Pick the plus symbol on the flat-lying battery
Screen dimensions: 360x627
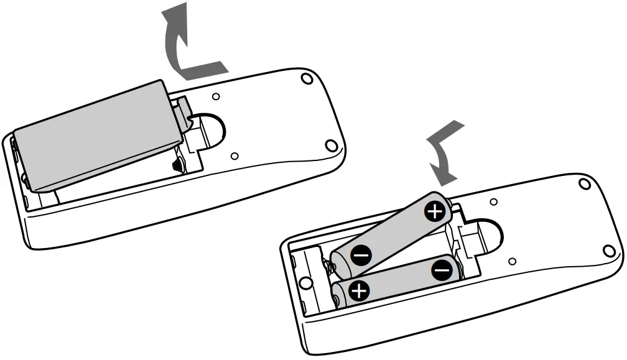point(358,290)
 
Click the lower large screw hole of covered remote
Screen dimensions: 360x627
point(331,146)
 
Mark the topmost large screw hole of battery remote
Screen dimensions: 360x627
point(583,184)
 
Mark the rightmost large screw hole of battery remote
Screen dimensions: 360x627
point(607,251)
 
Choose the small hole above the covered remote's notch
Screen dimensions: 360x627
point(215,96)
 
